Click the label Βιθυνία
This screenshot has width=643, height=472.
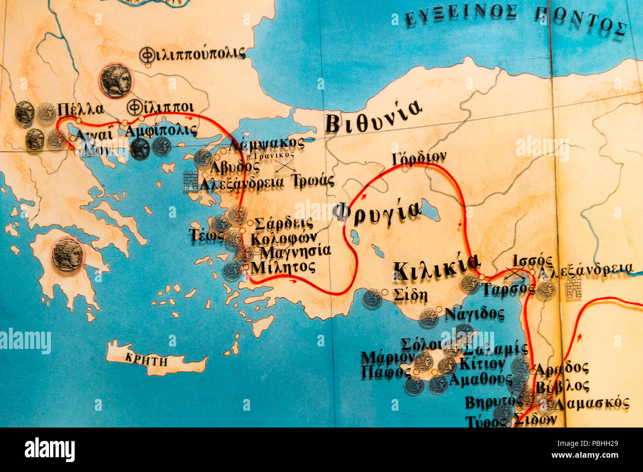point(373,118)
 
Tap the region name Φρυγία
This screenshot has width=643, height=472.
point(376,211)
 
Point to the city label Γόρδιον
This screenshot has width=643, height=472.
point(418,158)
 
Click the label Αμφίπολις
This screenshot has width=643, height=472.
point(161,131)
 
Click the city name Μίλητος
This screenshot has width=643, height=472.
point(283,267)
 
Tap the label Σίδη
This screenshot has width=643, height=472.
point(410,295)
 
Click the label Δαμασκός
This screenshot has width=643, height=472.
point(591,403)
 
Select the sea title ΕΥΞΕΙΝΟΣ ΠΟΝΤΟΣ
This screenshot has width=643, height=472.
point(515,19)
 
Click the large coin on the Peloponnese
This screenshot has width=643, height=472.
point(68,254)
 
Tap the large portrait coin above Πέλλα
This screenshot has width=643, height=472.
point(116,81)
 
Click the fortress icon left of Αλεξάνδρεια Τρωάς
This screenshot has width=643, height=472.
point(190,180)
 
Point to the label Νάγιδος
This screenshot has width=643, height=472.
point(473,314)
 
